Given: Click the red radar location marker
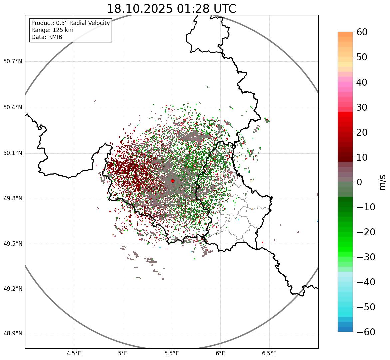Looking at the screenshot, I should (x=172, y=181).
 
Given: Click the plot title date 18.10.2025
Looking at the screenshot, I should (x=140, y=9).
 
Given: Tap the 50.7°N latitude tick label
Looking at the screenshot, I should (x=13, y=61).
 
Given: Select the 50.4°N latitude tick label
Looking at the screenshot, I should (x=13, y=107).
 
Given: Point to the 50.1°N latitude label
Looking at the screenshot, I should (x=13, y=153).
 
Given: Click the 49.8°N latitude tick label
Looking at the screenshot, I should (x=13, y=199).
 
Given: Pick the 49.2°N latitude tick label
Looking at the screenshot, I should (x=13, y=289).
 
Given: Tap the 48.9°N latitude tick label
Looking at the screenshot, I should (x=13, y=334).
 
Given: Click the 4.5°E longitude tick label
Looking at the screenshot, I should (x=74, y=353).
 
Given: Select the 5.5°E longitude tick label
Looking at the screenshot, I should (x=172, y=353).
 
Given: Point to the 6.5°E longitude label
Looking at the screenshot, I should (x=269, y=353).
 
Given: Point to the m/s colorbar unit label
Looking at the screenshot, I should (x=383, y=182).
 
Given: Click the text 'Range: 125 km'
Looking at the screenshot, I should (x=52, y=30).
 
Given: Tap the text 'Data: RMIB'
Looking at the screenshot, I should (x=47, y=37).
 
